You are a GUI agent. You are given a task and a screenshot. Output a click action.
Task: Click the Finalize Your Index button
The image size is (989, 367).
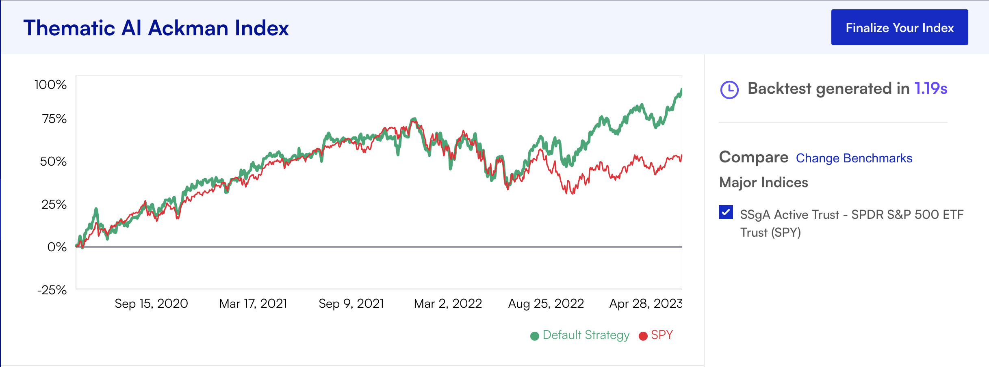click(899, 28)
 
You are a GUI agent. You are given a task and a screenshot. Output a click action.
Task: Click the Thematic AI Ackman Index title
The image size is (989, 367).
click(156, 28)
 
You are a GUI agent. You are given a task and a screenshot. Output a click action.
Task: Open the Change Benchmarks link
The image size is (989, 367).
click(854, 158)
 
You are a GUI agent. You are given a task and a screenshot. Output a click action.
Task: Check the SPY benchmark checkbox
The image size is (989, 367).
click(726, 212)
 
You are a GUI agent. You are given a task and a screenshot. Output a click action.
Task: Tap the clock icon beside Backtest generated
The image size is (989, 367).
click(729, 90)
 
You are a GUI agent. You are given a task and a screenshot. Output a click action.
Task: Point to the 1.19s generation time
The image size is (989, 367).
click(930, 89)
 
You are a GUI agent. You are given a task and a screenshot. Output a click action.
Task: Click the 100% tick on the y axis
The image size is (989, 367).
click(51, 84)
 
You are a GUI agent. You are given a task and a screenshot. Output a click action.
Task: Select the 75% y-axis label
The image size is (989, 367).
click(54, 119)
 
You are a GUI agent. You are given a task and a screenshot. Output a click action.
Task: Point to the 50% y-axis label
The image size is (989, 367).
click(53, 161)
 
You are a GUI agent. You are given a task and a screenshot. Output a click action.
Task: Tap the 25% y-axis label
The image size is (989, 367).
click(54, 204)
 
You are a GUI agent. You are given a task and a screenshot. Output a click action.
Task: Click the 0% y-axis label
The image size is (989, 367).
click(57, 247)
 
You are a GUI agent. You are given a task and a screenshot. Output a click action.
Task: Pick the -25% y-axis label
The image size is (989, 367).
click(52, 290)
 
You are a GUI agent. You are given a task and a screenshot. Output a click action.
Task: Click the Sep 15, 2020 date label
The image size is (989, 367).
click(151, 303)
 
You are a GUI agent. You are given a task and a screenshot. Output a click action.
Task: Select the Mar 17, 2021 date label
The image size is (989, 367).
click(253, 303)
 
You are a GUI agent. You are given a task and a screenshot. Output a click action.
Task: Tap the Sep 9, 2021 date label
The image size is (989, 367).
click(351, 303)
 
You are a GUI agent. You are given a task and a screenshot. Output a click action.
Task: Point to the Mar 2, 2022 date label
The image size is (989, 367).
click(448, 303)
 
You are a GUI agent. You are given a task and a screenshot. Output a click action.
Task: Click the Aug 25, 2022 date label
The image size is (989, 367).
click(546, 303)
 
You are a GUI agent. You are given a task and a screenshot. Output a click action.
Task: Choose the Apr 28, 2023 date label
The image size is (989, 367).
click(646, 303)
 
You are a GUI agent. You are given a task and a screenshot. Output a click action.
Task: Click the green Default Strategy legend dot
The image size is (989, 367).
click(535, 336)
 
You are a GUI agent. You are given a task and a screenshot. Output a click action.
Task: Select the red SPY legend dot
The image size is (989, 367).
click(643, 336)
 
